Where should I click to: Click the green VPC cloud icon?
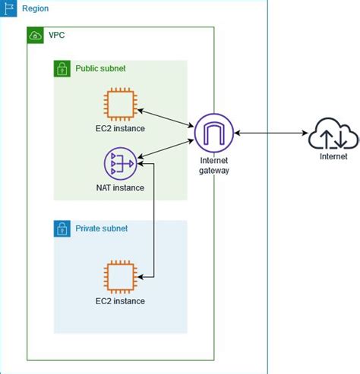point(35,36)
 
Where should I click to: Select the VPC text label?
point(57,36)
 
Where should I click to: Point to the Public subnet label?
point(100,68)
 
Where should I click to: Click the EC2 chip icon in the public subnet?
point(120,104)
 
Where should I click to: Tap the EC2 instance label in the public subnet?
point(120,128)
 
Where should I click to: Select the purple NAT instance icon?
point(120,162)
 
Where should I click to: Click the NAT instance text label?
point(120,187)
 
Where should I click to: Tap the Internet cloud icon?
point(333,135)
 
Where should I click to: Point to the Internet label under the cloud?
point(333,157)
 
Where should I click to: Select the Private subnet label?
point(102,228)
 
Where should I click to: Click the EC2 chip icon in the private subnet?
point(120,276)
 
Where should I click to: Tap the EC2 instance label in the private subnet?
point(120,301)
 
